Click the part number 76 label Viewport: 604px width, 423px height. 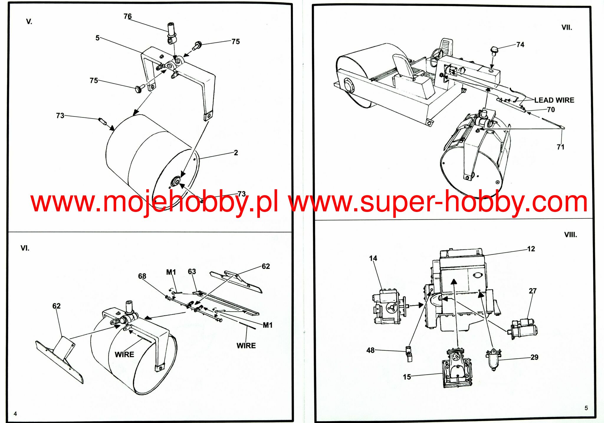tap(127, 16)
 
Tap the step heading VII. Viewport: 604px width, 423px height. tap(566, 28)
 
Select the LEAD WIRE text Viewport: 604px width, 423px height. tap(554, 100)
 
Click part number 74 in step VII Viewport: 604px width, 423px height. tap(520, 45)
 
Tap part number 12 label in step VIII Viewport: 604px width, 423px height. tap(531, 249)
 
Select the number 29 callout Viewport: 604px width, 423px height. tap(534, 357)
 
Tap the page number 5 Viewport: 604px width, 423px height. tap(586, 408)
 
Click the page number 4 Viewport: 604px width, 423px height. tap(15, 414)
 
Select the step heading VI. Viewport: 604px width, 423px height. tap(25, 248)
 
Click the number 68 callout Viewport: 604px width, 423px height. tap(142, 276)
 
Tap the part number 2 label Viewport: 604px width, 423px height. tap(236, 153)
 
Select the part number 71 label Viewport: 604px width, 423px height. tap(560, 147)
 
